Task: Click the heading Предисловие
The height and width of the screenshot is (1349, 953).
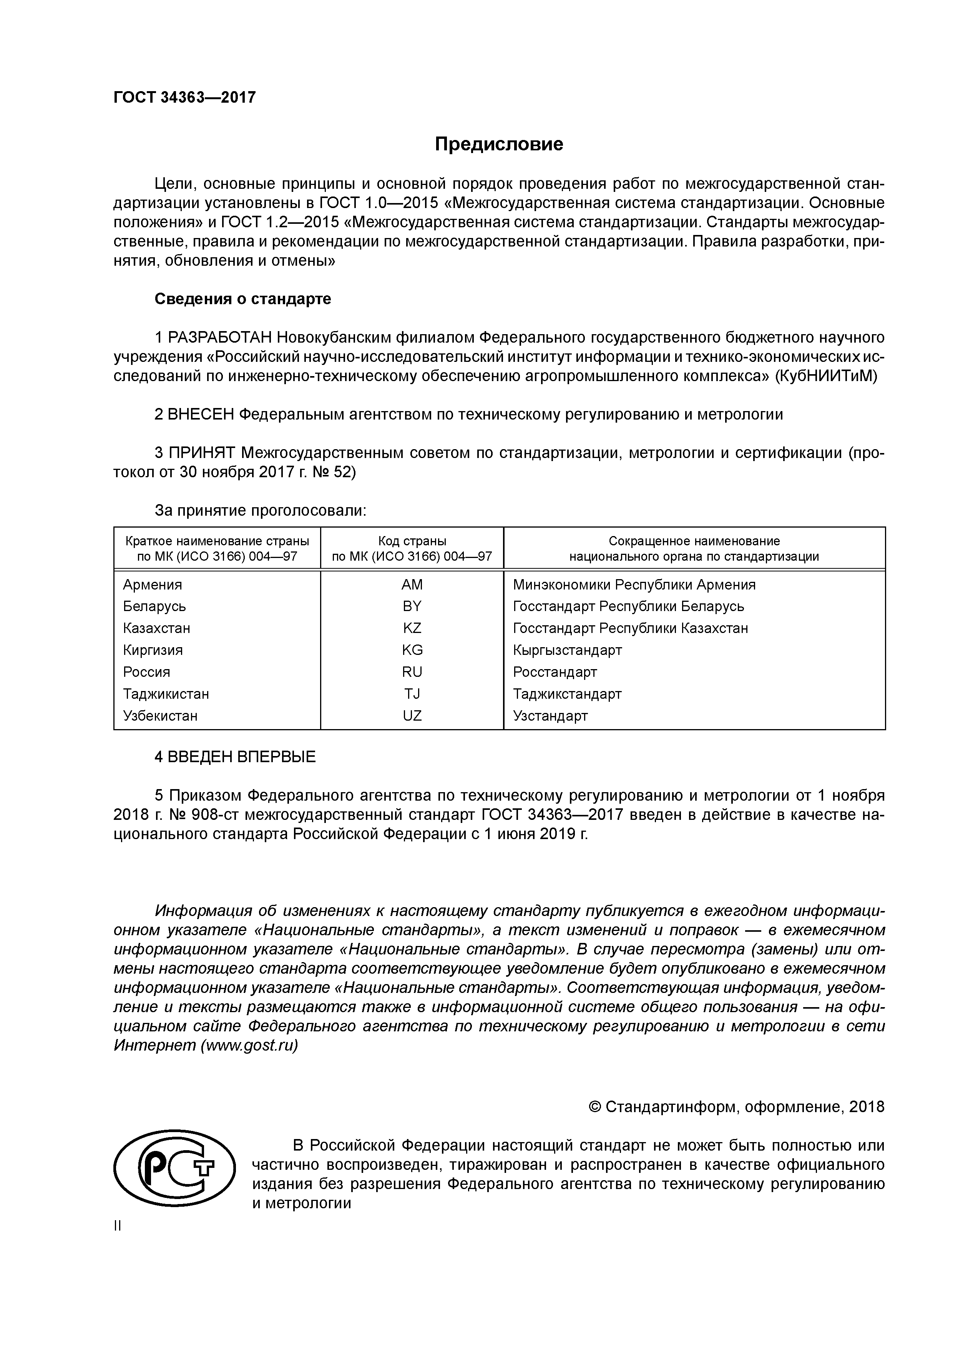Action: click(x=498, y=145)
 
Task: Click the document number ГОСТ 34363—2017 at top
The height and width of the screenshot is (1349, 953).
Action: click(x=184, y=98)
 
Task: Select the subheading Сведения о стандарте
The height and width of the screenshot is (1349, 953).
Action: click(x=242, y=299)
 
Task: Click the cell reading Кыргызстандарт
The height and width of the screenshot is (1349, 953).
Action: click(x=567, y=650)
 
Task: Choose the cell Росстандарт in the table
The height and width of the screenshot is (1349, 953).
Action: click(x=555, y=672)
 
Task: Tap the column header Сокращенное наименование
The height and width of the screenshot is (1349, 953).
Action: click(x=694, y=541)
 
